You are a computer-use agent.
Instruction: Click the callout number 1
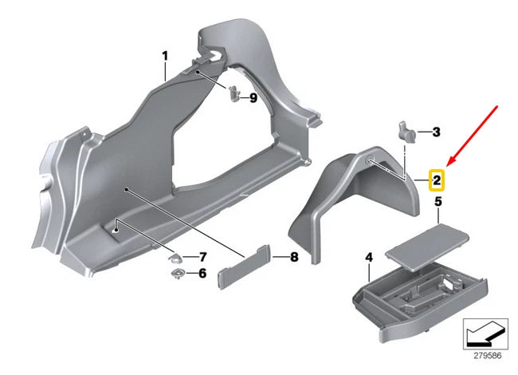coord(165,56)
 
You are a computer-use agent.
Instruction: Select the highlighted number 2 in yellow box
coord(437,179)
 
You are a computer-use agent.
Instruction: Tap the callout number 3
coord(437,131)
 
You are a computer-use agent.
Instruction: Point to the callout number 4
coord(368,257)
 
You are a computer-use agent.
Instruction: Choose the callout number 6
coord(202,273)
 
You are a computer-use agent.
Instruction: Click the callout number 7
coord(202,257)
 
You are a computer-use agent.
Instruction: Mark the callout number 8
coord(293,257)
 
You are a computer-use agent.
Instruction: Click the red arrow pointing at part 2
coord(473,132)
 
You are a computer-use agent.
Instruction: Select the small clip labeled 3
coord(406,131)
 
